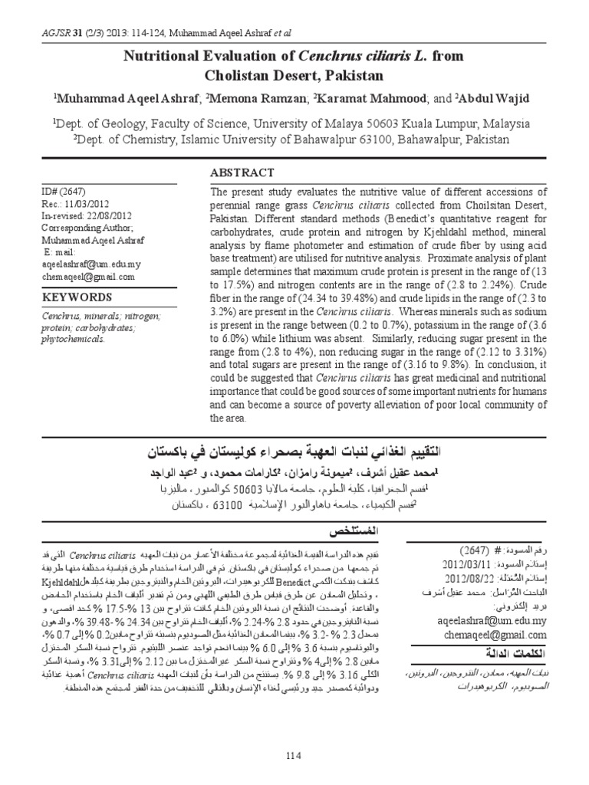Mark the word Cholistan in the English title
click(237, 75)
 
